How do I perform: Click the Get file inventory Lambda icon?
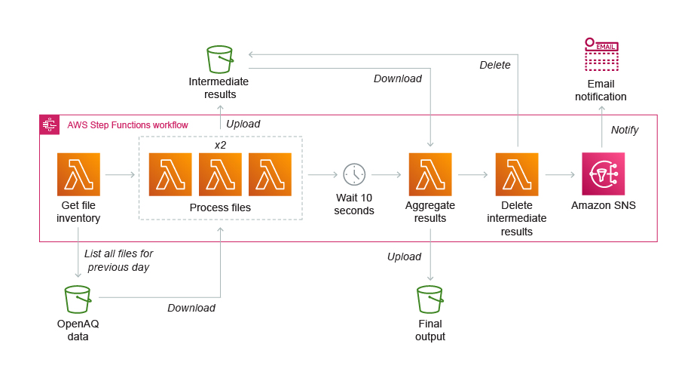click(x=78, y=174)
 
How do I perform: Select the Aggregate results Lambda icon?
click(x=430, y=174)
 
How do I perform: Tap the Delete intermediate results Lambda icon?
click(x=517, y=174)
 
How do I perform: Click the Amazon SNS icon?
click(x=603, y=174)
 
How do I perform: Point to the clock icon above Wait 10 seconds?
click(x=354, y=174)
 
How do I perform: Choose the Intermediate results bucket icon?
click(x=219, y=59)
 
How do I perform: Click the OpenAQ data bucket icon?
click(x=78, y=300)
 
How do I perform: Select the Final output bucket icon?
click(x=430, y=300)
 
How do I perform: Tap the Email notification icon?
click(x=601, y=55)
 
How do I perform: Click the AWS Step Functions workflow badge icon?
click(x=50, y=125)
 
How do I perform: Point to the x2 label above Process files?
click(x=220, y=144)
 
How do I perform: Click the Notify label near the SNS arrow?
click(x=625, y=130)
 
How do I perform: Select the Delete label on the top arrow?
click(x=495, y=65)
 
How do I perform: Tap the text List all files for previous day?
click(x=118, y=260)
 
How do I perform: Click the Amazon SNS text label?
click(x=603, y=205)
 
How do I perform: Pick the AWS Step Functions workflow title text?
click(x=127, y=125)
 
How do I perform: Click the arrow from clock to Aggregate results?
click(x=386, y=174)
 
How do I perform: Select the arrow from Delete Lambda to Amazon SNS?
click(x=560, y=174)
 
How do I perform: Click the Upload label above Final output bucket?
click(x=404, y=257)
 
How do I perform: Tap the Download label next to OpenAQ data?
click(x=191, y=308)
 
